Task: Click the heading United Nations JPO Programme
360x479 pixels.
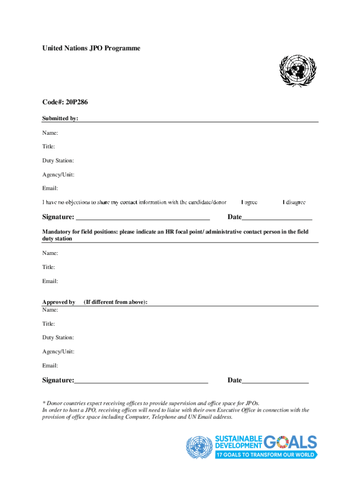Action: click(91, 49)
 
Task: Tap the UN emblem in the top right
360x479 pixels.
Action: click(297, 71)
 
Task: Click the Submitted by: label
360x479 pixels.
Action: click(60, 119)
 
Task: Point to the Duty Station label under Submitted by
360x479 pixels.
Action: click(58, 161)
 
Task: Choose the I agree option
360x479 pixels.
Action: click(249, 203)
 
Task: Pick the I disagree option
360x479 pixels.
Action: click(294, 203)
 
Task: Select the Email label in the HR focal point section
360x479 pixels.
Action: click(50, 282)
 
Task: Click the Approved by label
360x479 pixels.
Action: click(59, 302)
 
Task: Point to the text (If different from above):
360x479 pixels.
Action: click(115, 302)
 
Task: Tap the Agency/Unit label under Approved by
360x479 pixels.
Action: click(58, 352)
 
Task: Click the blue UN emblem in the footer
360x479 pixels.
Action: click(200, 448)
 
